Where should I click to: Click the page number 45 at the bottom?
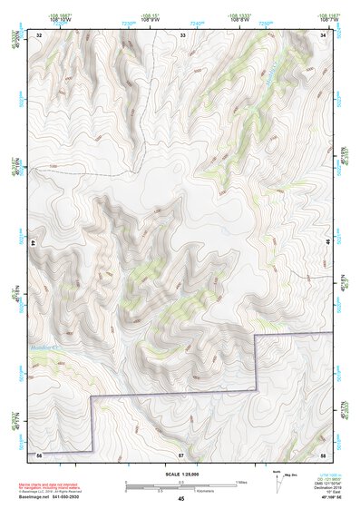[x=180, y=499]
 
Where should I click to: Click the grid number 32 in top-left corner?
[x=39, y=34]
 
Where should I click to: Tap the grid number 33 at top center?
[x=182, y=34]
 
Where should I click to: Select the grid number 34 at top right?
[x=324, y=34]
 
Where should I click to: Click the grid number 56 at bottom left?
[x=39, y=453]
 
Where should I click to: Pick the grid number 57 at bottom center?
[x=180, y=453]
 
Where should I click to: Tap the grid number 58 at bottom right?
[x=323, y=453]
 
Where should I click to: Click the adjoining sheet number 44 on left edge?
[x=34, y=243]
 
